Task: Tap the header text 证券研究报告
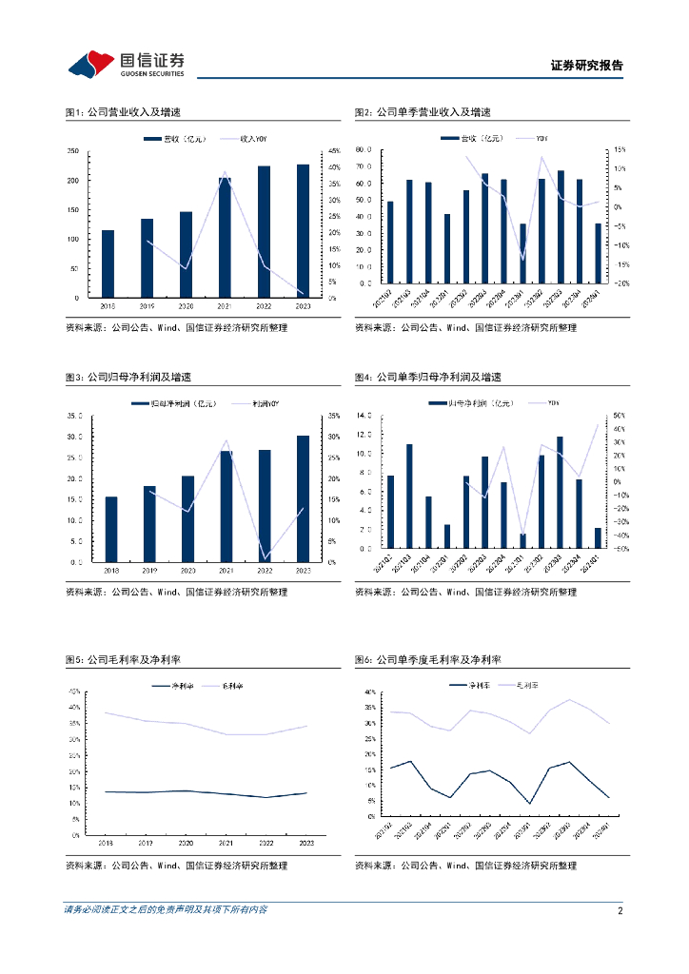587,66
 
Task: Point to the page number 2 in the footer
620,910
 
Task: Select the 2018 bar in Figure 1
108,263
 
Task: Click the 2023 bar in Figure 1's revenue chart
303,230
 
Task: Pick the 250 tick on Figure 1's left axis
73,151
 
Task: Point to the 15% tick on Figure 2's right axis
618,150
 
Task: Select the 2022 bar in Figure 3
265,505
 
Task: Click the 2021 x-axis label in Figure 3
225,570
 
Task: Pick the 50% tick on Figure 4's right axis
618,416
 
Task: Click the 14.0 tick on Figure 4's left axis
363,416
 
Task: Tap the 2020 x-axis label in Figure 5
187,843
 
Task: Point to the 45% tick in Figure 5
74,692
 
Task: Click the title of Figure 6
427,659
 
